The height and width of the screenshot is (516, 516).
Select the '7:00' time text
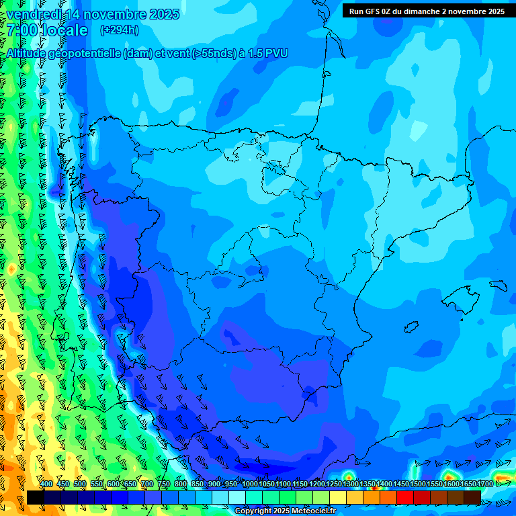coord(22,30)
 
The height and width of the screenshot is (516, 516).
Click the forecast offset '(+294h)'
coord(119,30)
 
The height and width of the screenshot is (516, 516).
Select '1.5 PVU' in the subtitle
coord(267,54)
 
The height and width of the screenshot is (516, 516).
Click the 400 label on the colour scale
coord(46,484)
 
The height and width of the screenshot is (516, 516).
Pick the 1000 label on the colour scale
coord(249,484)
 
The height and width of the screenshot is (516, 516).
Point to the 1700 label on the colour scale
coord(485,484)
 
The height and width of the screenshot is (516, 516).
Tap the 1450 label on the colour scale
coord(401,484)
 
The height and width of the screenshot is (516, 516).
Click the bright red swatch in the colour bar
coord(405,497)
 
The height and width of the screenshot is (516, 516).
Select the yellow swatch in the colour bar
coord(338,497)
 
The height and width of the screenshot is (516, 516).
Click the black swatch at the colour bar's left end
coord(35,497)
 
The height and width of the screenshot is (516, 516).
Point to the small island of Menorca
coord(498,286)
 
